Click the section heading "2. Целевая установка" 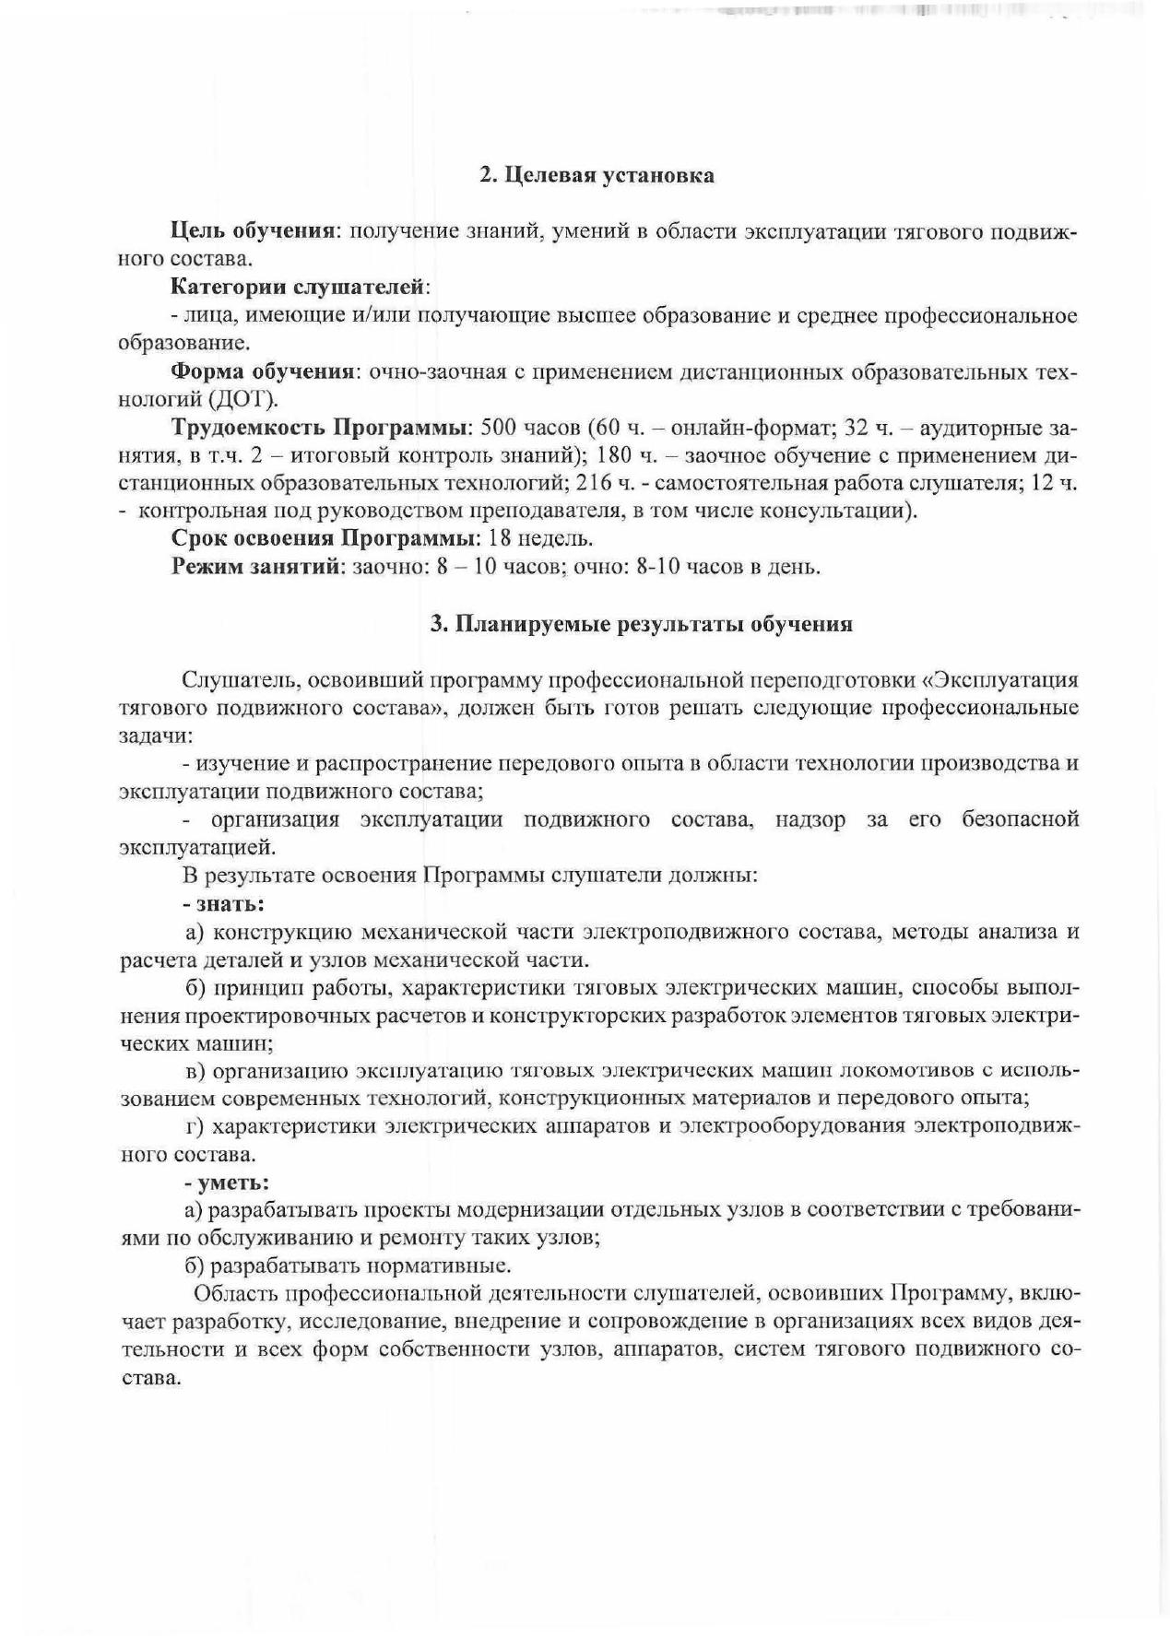[597, 175]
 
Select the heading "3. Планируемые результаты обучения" [642, 624]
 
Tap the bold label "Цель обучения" [252, 230]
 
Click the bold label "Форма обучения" [263, 371]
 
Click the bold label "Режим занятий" [256, 566]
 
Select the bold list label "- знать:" [225, 902]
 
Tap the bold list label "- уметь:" [227, 1182]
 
